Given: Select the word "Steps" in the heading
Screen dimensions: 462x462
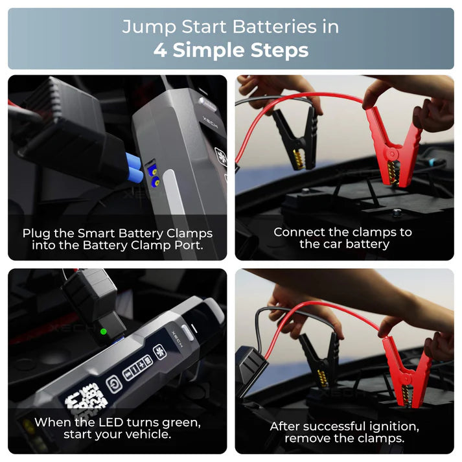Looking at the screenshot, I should coord(278,51).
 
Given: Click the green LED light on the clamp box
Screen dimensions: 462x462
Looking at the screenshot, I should coord(103,332).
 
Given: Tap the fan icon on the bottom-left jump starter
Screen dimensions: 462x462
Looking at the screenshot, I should coord(158,352).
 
